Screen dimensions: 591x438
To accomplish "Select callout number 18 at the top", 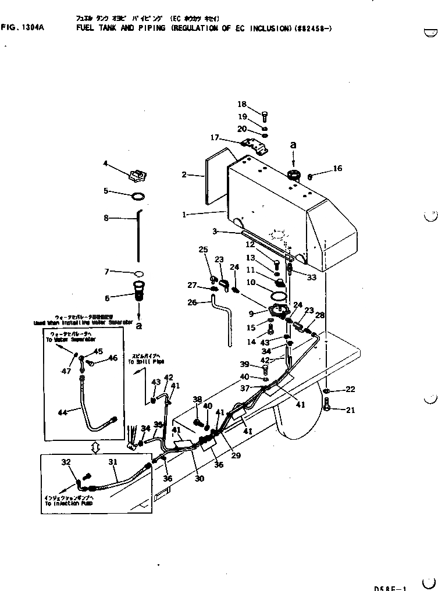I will (242, 104).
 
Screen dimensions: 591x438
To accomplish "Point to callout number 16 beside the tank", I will (337, 169).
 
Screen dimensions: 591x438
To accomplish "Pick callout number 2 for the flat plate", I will (184, 174).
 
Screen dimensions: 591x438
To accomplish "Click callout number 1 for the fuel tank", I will (184, 214).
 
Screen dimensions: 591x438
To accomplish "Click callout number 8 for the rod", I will (106, 218).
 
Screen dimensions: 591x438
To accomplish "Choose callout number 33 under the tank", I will (312, 277).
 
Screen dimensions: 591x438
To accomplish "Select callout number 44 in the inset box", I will (63, 412).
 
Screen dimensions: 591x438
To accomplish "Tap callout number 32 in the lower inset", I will (65, 462).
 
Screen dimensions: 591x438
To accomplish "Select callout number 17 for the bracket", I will (215, 138).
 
